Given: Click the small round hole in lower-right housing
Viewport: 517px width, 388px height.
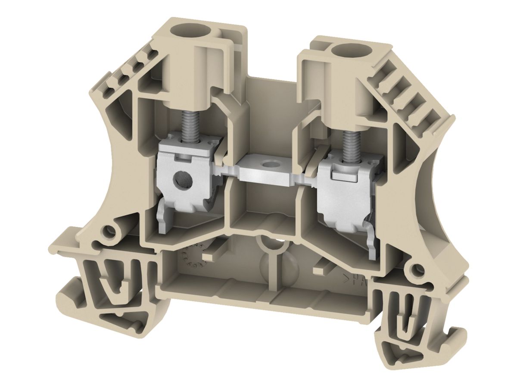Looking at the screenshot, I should click(416, 270).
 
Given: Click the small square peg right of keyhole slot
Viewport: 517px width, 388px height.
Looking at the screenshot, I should click(319, 269).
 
